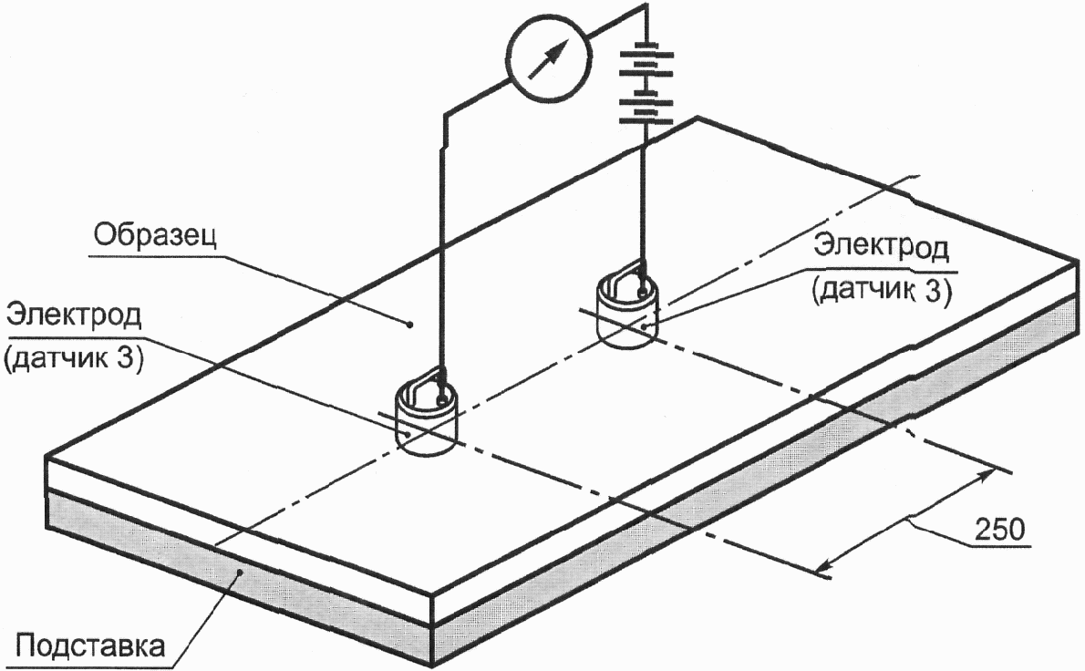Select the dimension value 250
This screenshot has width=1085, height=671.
999,529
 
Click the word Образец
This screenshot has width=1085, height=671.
156,236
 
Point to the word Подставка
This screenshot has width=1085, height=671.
90,646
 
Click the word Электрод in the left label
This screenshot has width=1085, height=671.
73,315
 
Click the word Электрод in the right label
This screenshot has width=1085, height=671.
881,246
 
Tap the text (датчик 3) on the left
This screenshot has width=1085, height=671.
73,359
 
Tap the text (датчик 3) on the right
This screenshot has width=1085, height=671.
882,291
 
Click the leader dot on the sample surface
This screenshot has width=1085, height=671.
409,324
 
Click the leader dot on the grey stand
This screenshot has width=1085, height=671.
240,572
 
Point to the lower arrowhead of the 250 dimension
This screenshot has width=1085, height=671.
823,568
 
